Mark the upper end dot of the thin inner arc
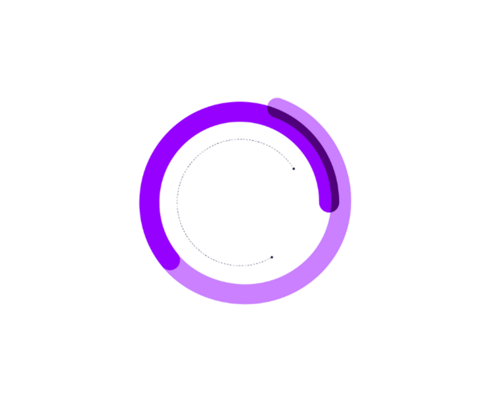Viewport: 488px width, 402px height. click(x=294, y=169)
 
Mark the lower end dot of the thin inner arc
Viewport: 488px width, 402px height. click(x=272, y=257)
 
